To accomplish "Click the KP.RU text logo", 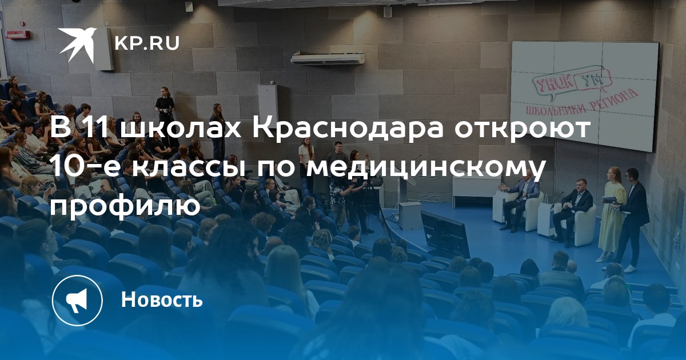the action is click(147, 43).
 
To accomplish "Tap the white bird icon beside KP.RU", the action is click(78, 44).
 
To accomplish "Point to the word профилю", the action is click(125, 207).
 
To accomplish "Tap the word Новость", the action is click(162, 299).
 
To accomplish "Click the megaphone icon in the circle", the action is click(77, 300).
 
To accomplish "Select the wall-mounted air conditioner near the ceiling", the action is click(328, 58).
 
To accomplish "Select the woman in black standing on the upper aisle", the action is click(165, 113).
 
